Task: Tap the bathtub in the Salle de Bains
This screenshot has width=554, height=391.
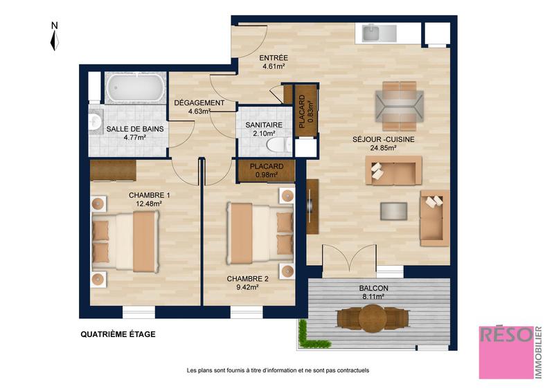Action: pyautogui.click(x=135, y=89)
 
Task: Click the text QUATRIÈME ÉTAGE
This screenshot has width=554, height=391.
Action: pyautogui.click(x=118, y=334)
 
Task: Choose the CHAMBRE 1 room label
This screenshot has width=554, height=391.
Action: pyautogui.click(x=149, y=195)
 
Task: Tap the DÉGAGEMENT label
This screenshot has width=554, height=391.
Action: pyautogui.click(x=199, y=103)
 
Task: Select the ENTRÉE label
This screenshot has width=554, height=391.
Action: pyautogui.click(x=274, y=58)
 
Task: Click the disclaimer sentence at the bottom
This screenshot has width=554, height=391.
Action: pyautogui.click(x=277, y=370)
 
